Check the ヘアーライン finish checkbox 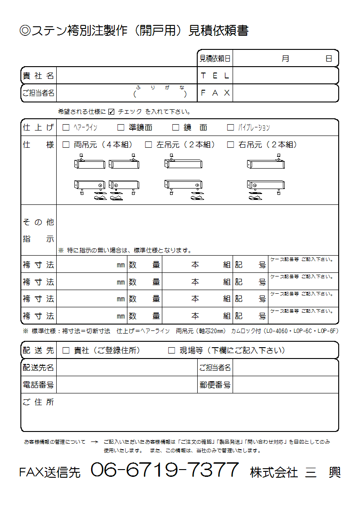click(66, 128)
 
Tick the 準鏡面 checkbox click(121, 128)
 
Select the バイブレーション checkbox click(230, 128)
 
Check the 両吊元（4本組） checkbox click(66, 145)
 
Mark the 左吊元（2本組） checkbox click(148, 145)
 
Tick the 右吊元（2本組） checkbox click(230, 145)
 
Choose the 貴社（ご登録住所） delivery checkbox click(66, 350)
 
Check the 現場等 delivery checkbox click(171, 350)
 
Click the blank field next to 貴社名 click(126, 76)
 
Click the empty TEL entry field click(285, 76)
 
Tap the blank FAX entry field click(285, 93)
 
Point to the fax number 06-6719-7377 click(165, 470)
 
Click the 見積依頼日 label click(215, 58)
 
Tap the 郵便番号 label click(215, 385)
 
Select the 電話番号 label click(39, 385)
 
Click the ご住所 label click(39, 402)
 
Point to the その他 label click(39, 222)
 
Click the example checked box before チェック click(112, 111)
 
